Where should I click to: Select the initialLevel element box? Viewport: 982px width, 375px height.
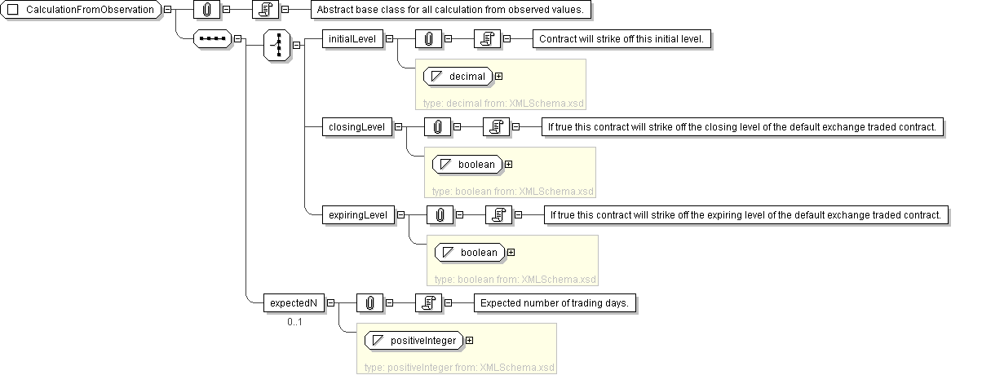pyautogui.click(x=352, y=38)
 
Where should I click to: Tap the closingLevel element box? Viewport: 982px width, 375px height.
pyautogui.click(x=356, y=126)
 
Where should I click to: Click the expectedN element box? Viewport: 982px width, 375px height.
pyautogui.click(x=294, y=302)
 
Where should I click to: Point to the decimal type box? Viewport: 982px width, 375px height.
pyautogui.click(x=458, y=77)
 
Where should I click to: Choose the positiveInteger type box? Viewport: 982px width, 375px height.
pyautogui.click(x=413, y=340)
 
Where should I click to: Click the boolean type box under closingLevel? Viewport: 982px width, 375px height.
pyautogui.click(x=467, y=164)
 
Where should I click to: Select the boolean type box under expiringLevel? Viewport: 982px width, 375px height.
pyautogui.click(x=470, y=252)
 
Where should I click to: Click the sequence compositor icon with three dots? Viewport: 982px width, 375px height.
pyautogui.click(x=212, y=38)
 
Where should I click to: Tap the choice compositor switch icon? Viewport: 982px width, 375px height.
pyautogui.click(x=278, y=45)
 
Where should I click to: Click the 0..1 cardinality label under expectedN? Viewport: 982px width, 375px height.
pyautogui.click(x=294, y=322)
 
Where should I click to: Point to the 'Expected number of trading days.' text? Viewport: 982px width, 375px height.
pyautogui.click(x=555, y=302)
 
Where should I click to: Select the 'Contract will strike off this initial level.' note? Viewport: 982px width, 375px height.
pyautogui.click(x=624, y=38)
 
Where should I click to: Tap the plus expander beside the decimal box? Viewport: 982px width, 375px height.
pyautogui.click(x=498, y=77)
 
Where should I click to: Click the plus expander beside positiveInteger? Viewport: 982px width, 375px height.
pyautogui.click(x=469, y=340)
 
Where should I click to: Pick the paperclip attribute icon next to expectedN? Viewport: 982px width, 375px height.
pyautogui.click(x=369, y=302)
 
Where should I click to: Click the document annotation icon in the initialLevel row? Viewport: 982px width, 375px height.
pyautogui.click(x=487, y=38)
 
